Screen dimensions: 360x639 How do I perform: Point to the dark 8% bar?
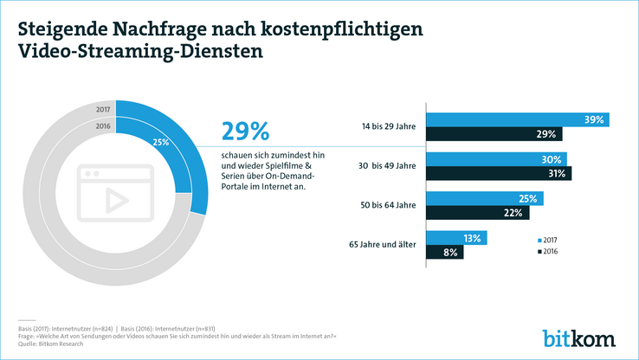444,253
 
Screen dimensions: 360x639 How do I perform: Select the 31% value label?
556,174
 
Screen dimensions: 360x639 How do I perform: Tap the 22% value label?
514,213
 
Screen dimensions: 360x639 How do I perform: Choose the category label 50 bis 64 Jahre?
390,206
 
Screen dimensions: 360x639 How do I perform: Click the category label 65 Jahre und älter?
383,245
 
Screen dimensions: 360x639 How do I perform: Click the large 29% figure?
246,132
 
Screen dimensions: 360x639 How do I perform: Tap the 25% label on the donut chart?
160,142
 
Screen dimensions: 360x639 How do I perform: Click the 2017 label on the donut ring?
103,110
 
